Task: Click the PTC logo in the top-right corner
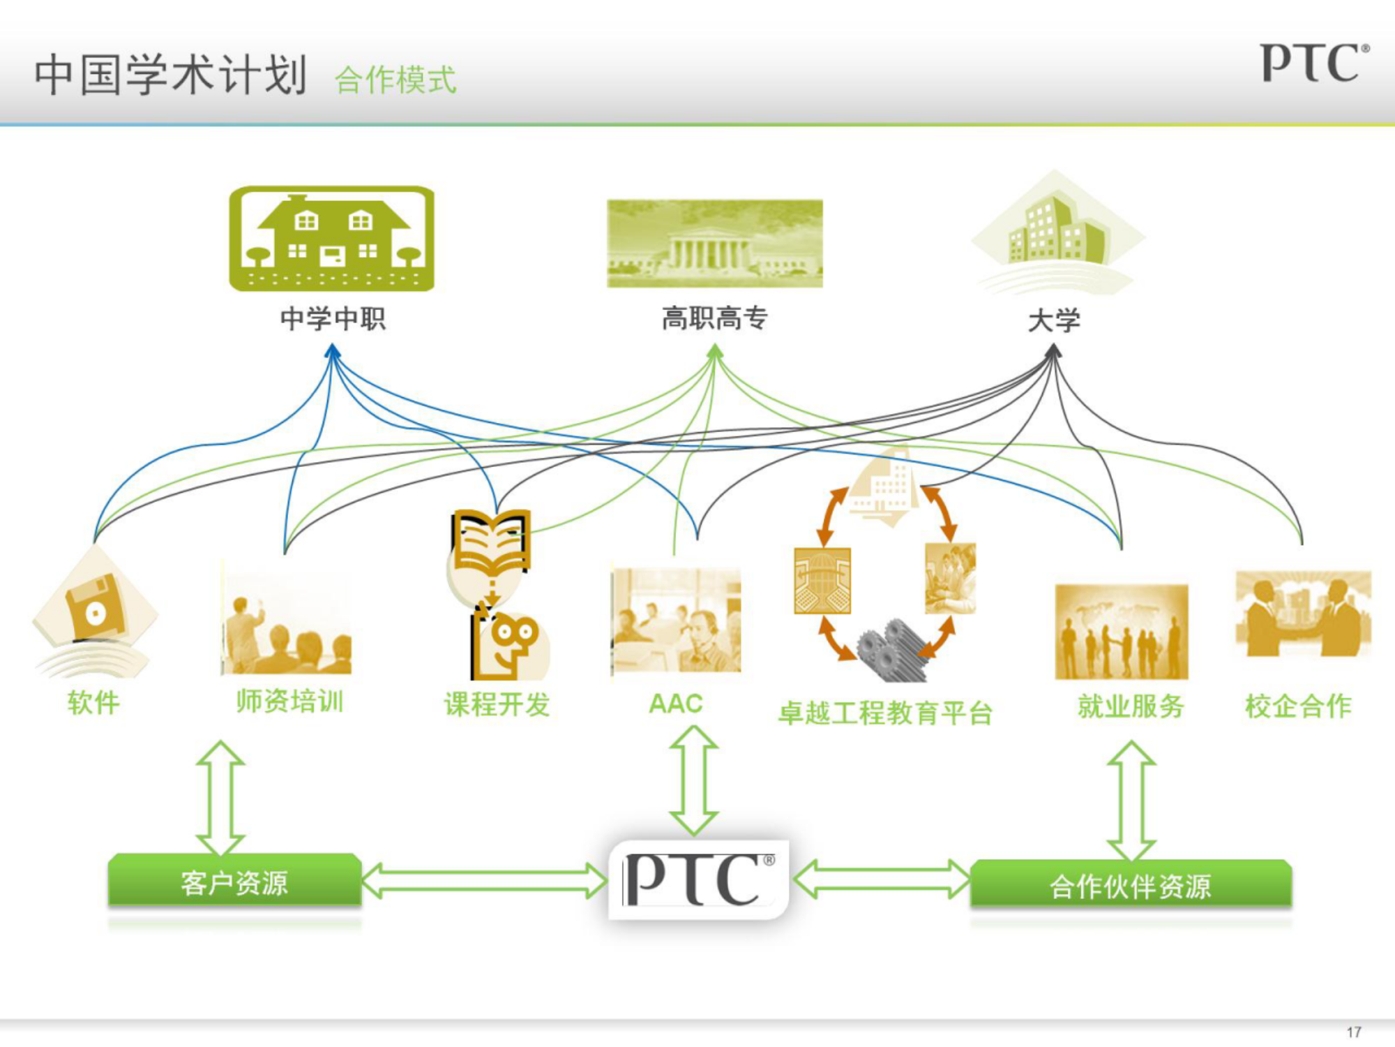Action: (1315, 63)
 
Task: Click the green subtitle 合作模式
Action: (395, 80)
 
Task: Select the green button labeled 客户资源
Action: (234, 881)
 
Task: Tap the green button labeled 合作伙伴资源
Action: (1131, 885)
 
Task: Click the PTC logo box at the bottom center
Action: (699, 879)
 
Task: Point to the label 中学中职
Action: (333, 319)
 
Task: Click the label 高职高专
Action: (715, 318)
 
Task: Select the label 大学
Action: (1054, 320)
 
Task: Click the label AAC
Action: (675, 704)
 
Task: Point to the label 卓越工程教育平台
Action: (885, 713)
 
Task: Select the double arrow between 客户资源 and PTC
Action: (484, 880)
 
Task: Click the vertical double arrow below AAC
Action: (694, 780)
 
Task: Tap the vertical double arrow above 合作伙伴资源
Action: (1131, 801)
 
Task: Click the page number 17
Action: (1354, 1032)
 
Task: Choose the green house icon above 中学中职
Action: (332, 239)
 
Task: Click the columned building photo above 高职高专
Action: (715, 244)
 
